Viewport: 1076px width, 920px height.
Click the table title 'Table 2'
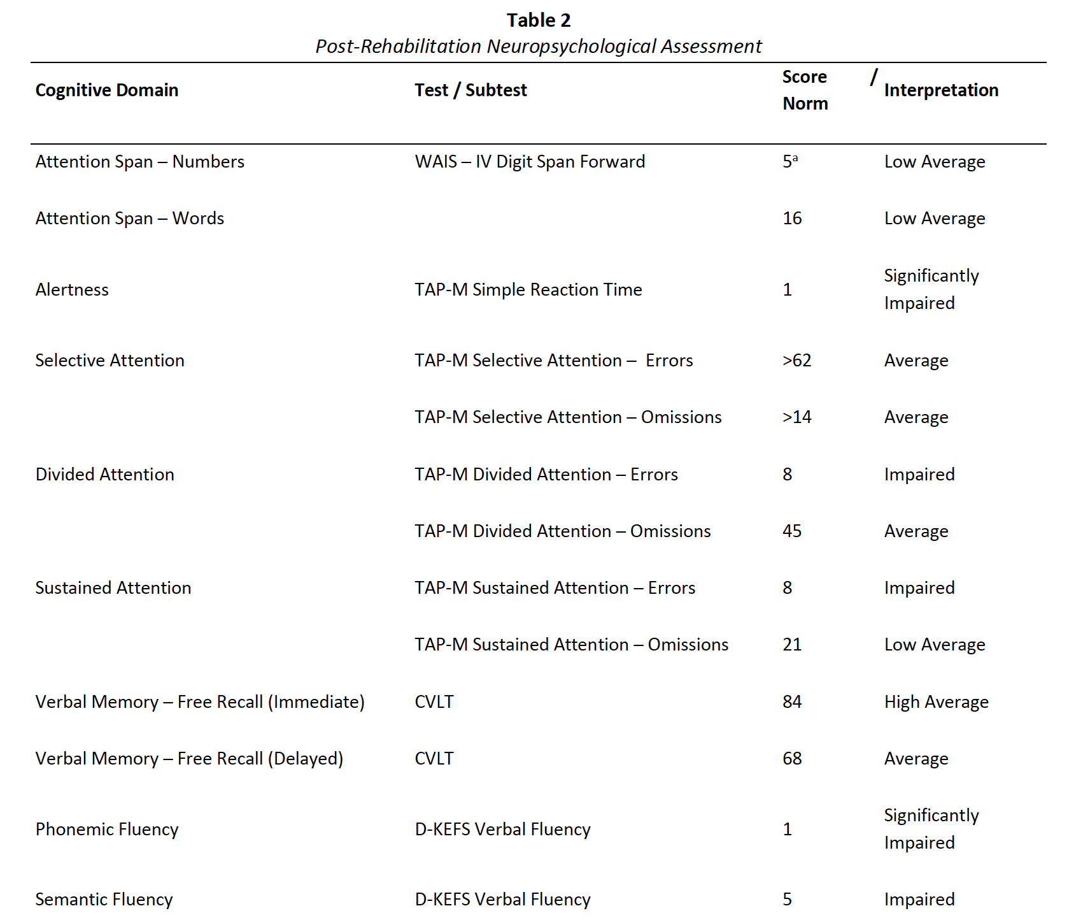point(538,20)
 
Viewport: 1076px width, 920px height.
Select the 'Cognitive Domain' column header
point(107,90)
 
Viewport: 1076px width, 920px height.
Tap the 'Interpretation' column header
point(940,90)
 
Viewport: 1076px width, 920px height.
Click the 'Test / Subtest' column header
point(471,90)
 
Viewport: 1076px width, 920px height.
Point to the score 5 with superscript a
point(789,162)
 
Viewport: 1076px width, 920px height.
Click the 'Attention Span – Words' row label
point(130,219)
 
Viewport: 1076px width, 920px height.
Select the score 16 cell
point(792,219)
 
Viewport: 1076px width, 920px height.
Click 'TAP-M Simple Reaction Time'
point(528,290)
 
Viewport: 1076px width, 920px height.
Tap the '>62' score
point(796,361)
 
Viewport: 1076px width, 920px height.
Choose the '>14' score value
point(796,417)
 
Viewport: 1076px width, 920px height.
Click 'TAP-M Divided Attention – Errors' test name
point(546,475)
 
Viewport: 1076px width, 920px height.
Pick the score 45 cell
point(792,531)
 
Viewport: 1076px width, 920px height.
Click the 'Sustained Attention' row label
point(113,588)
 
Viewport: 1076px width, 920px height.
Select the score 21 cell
point(792,645)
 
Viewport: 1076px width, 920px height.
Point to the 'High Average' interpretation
point(936,702)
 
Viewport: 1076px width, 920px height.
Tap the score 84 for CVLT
point(792,702)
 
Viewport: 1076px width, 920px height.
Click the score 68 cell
point(792,759)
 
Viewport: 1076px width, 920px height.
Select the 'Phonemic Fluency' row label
point(107,830)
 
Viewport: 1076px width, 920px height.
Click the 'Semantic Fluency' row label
point(104,900)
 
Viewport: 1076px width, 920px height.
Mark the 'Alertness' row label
point(72,290)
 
